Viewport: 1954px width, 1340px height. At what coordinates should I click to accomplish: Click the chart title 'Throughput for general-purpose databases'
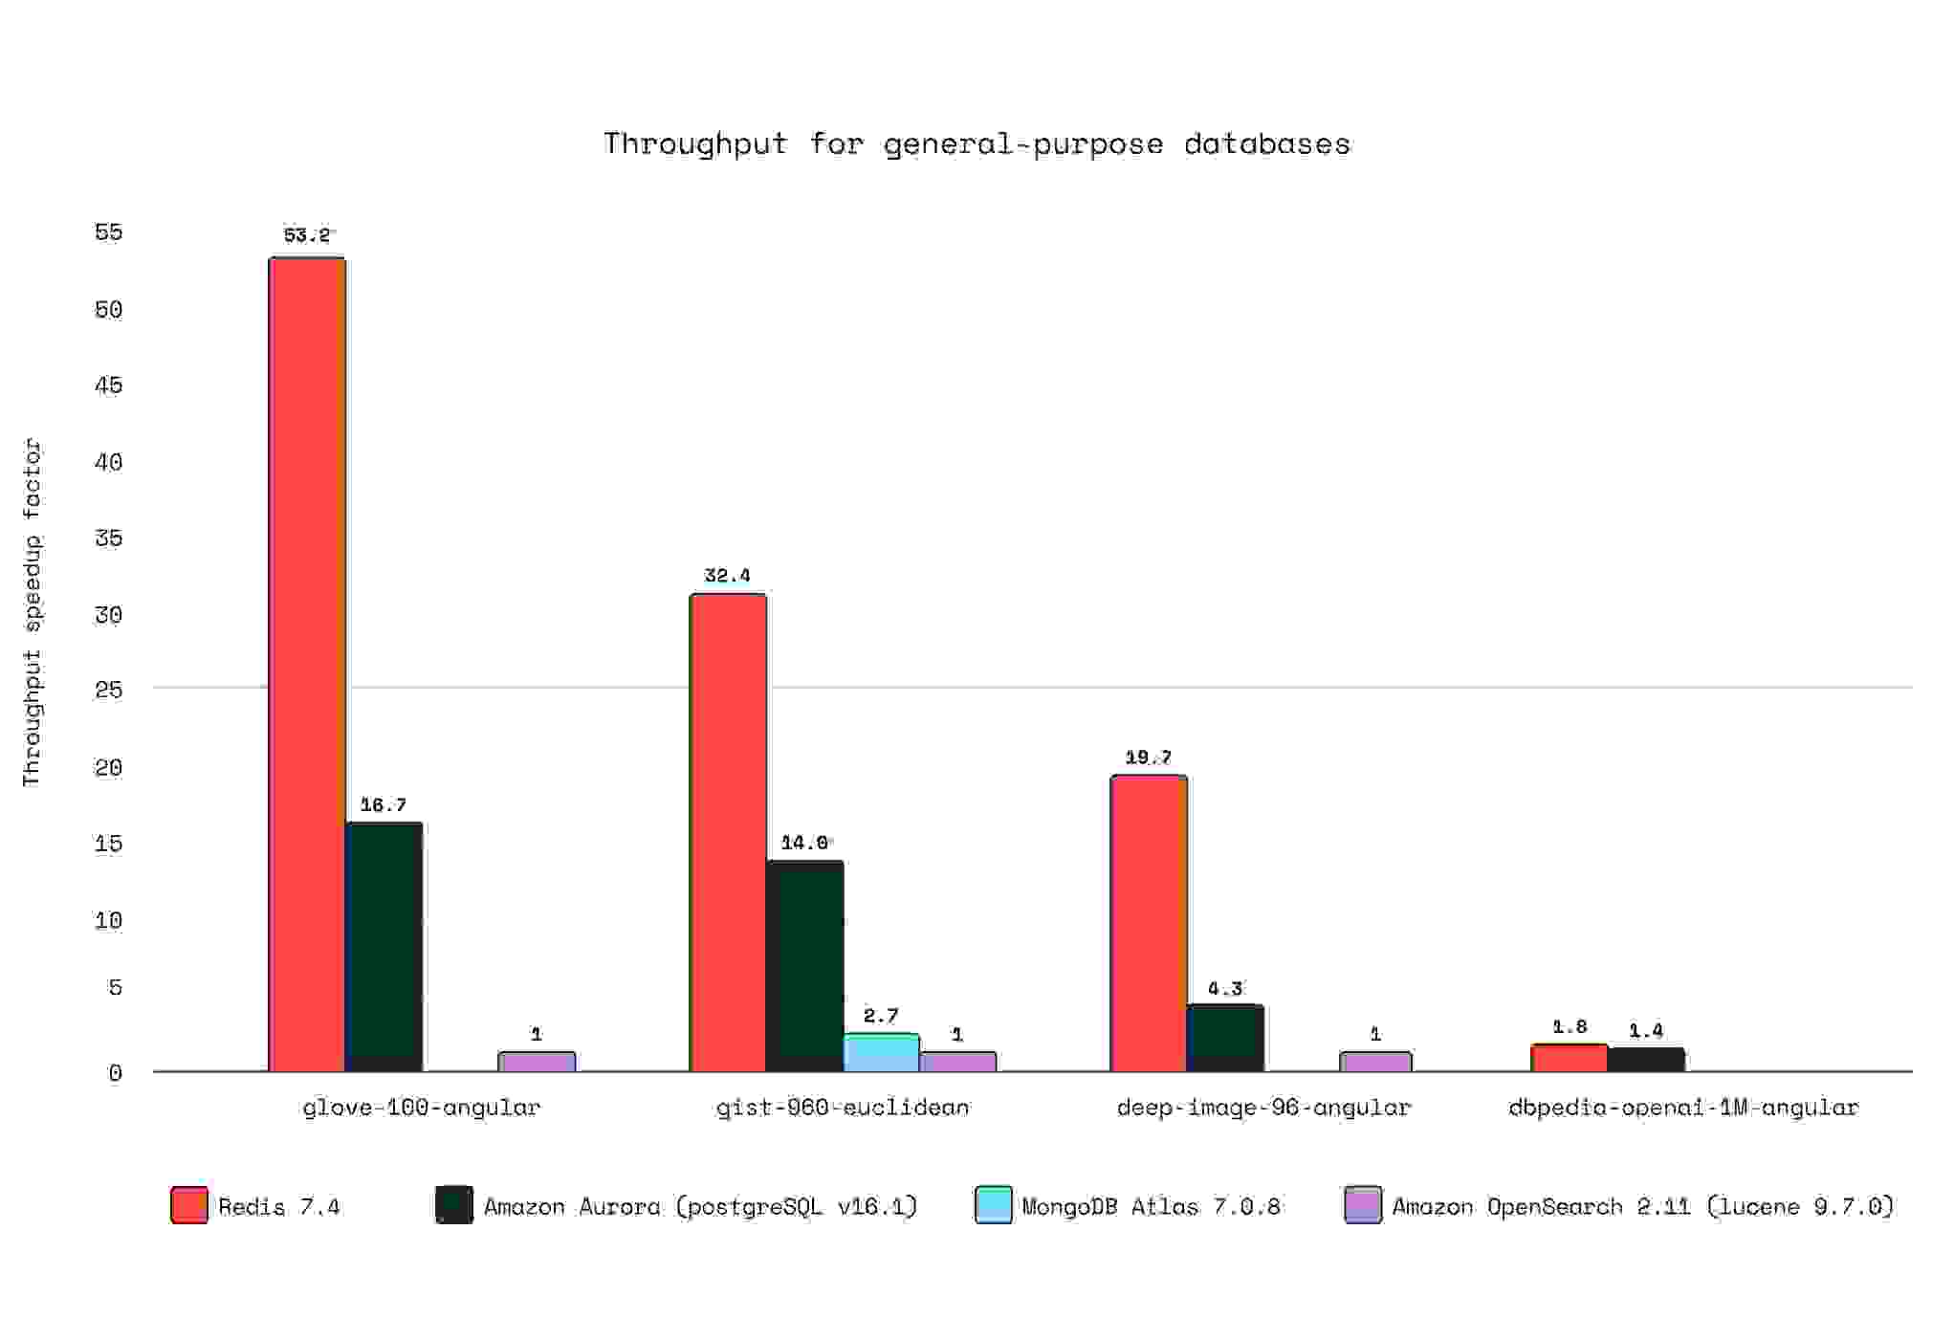click(977, 143)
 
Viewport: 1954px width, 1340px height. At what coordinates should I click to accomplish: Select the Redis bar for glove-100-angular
click(307, 664)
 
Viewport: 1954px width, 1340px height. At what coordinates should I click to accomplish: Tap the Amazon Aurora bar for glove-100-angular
click(384, 946)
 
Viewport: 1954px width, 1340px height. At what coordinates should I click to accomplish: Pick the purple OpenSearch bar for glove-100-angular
click(537, 1061)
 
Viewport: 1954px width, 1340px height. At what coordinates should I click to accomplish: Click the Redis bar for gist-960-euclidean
click(728, 832)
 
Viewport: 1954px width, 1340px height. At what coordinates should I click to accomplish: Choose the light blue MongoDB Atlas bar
click(881, 1051)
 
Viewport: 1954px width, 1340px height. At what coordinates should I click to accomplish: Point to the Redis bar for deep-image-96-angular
click(1149, 923)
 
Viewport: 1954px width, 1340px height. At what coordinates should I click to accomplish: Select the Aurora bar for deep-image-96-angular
click(1225, 1038)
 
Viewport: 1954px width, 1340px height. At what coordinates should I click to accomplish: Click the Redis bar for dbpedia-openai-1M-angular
click(1569, 1058)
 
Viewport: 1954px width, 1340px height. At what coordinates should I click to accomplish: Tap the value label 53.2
click(307, 234)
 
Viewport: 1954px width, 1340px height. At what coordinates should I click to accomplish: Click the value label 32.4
click(727, 575)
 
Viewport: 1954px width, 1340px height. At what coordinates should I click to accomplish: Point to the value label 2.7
click(881, 1015)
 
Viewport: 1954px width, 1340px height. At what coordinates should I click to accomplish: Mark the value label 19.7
click(1148, 758)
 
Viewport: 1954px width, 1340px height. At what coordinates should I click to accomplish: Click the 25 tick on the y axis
click(109, 690)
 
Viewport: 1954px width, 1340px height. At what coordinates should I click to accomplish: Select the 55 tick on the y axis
click(109, 231)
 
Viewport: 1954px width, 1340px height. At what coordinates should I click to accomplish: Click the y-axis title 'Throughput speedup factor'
click(33, 612)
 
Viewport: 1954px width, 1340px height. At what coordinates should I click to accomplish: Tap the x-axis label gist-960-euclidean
click(843, 1107)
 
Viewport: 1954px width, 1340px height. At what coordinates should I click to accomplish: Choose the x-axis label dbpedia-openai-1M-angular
click(1683, 1107)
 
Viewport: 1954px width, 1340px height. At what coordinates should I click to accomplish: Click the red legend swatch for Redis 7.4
click(189, 1205)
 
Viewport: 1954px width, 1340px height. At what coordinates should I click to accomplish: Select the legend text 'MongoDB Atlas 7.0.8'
click(1151, 1206)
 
